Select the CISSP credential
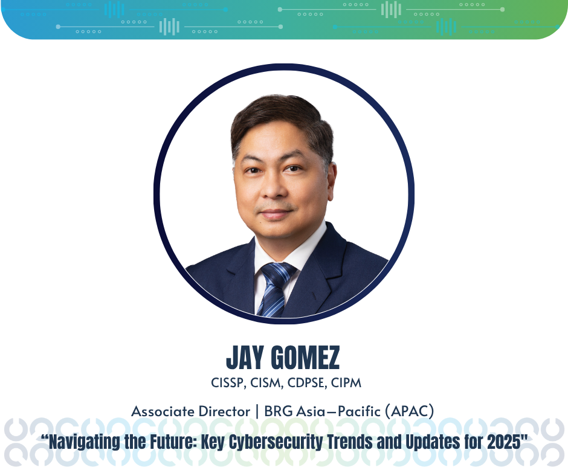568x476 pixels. click(x=227, y=383)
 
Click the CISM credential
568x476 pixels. click(x=266, y=383)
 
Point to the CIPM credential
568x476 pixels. click(x=346, y=383)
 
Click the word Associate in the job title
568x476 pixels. click(x=163, y=411)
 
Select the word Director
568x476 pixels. click(x=224, y=411)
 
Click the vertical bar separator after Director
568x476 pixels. click(x=257, y=411)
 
